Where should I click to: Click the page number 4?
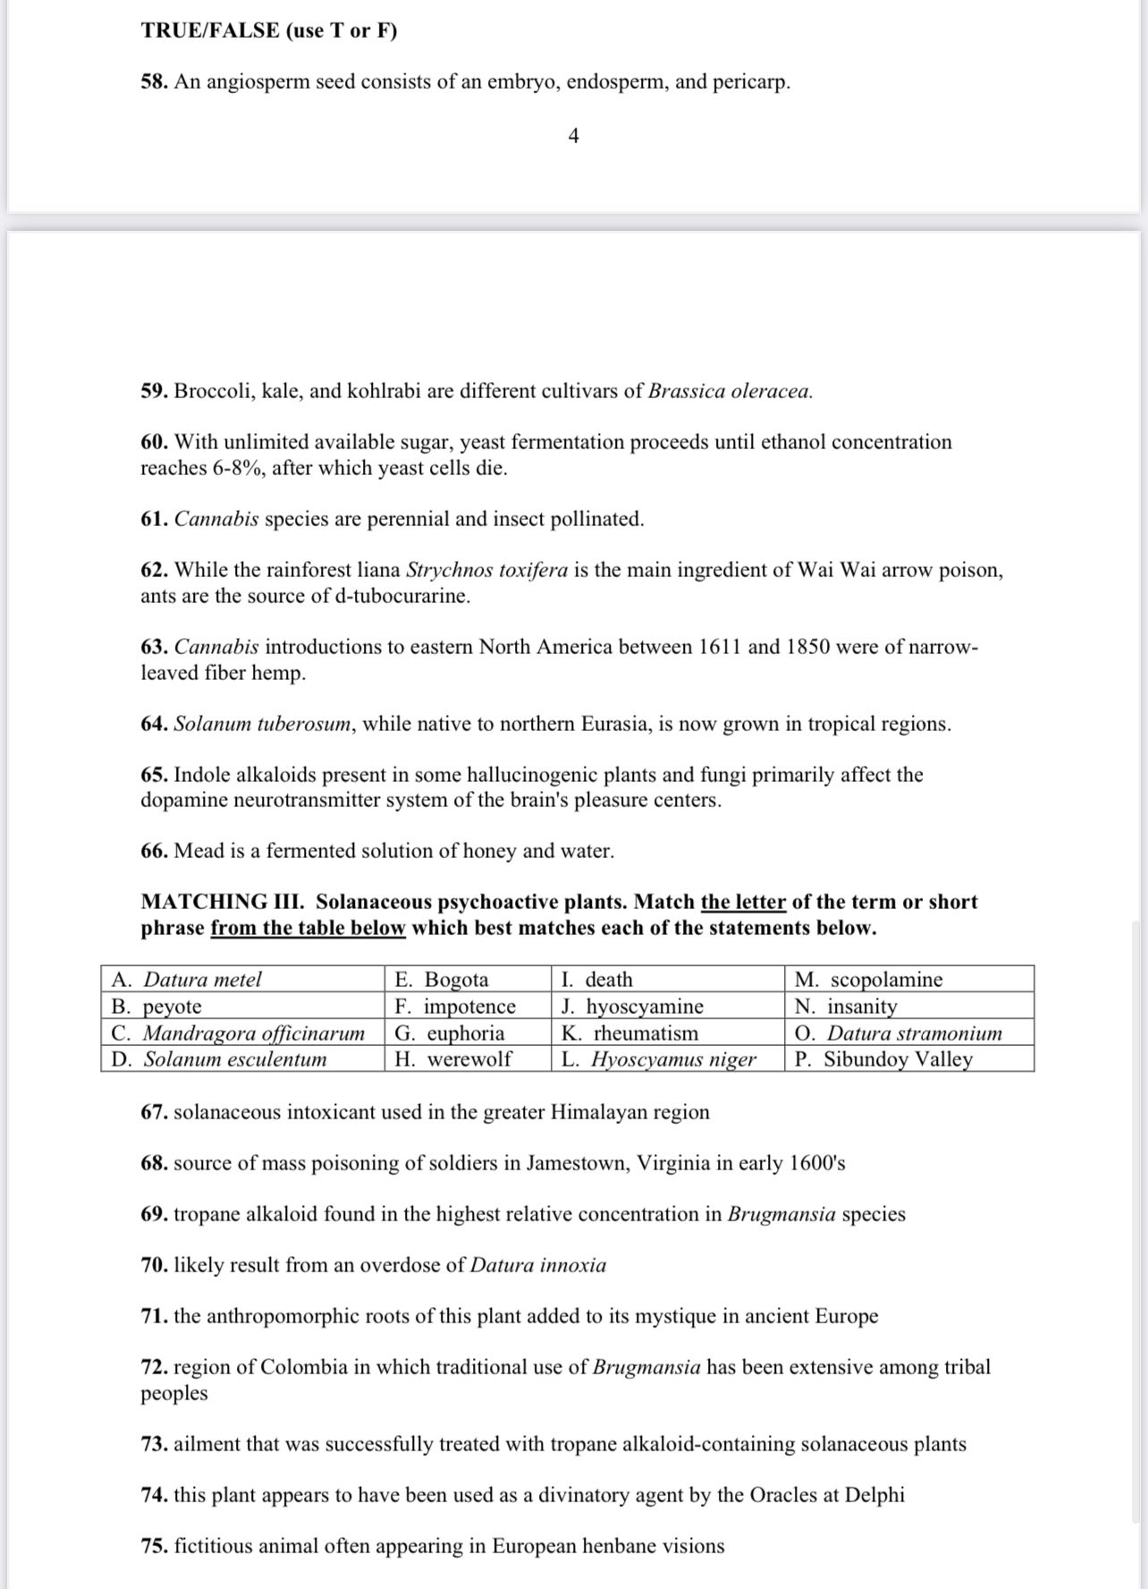point(574,136)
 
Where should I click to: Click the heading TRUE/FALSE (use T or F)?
point(269,30)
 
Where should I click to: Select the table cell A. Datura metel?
point(241,979)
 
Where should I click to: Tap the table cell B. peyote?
point(241,1006)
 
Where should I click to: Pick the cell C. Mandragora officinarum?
point(241,1032)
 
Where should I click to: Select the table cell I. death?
point(667,979)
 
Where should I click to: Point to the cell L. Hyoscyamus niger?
point(667,1059)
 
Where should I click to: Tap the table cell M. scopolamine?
point(909,979)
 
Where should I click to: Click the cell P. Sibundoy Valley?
point(909,1059)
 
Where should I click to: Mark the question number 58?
point(155,82)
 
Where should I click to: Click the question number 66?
point(155,851)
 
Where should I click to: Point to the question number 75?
point(155,1546)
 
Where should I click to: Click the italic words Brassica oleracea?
point(730,392)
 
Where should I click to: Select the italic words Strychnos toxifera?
point(486,571)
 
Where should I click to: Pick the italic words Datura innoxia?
point(538,1265)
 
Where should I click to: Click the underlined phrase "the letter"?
point(743,902)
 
